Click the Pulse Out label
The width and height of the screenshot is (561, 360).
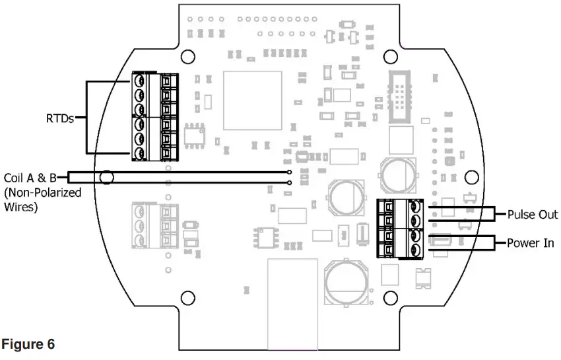532,215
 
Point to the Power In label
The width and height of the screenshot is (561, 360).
530,243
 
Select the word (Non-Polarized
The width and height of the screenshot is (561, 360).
42,193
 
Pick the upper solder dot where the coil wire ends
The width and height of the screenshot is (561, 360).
290,172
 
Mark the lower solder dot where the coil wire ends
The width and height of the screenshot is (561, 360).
290,183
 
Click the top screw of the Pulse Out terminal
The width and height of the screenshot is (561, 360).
416,207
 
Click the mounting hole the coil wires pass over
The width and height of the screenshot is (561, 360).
106,177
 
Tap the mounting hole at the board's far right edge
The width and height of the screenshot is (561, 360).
471,177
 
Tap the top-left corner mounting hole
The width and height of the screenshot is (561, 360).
187,55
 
